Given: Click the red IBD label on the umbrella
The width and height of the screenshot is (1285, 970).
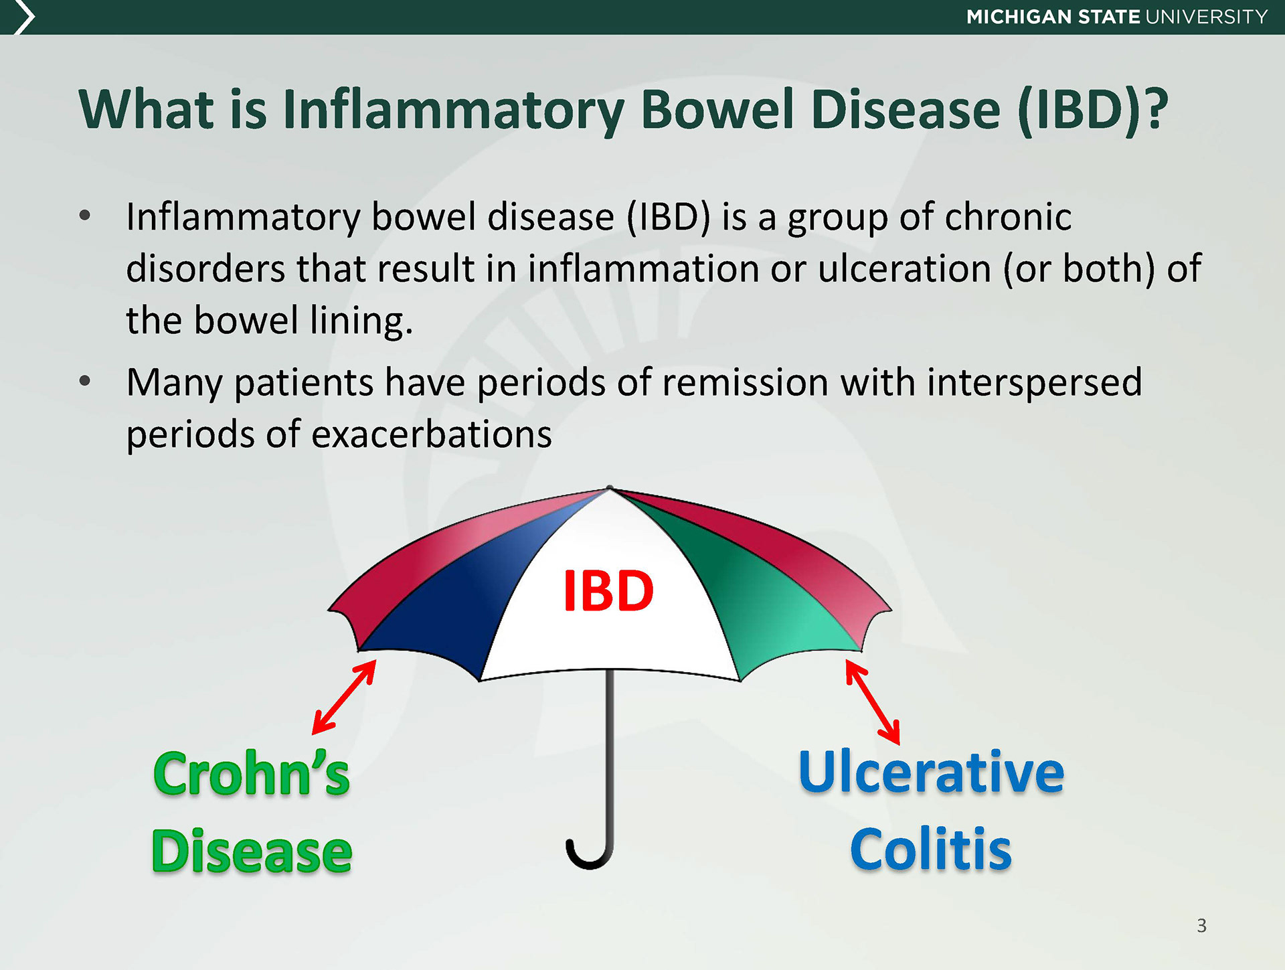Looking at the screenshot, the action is (608, 590).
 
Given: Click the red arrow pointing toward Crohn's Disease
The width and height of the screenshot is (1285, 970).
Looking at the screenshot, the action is (344, 697).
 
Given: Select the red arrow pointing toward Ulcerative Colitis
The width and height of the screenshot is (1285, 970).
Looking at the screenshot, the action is (873, 702).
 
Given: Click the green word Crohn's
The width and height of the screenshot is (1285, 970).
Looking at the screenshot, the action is (252, 773).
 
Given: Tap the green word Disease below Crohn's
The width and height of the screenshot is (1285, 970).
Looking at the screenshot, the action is (252, 851).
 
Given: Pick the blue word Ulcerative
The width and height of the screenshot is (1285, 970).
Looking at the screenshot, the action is (931, 771).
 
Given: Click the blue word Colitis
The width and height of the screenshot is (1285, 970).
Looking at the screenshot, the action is (931, 849).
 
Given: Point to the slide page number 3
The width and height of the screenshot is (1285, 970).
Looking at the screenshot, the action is (1201, 926).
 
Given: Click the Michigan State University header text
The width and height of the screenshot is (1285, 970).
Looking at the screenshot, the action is (1117, 17).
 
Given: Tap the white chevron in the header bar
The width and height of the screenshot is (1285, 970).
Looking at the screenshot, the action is (24, 17).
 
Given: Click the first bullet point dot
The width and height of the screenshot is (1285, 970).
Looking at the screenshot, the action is (84, 216).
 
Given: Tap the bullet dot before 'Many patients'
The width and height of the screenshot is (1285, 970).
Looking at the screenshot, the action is (84, 382).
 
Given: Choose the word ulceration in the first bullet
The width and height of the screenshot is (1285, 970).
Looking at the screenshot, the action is (905, 268).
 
